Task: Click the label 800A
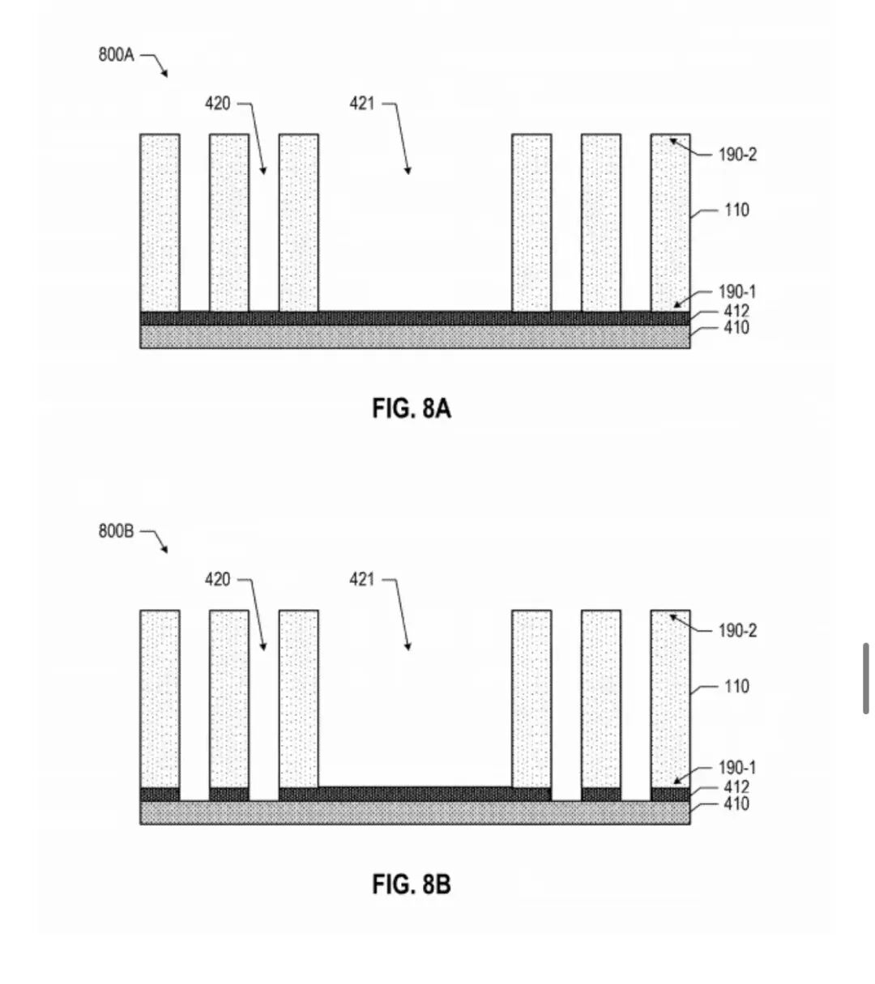point(116,54)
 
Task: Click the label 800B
point(116,530)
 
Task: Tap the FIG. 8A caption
point(412,408)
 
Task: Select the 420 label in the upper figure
point(217,104)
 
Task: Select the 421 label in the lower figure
point(362,579)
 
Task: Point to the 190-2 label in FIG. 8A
point(737,155)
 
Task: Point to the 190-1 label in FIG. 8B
point(737,768)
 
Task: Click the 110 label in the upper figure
point(736,211)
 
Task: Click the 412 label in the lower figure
point(736,787)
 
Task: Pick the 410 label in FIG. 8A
point(736,328)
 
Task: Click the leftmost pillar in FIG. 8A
point(160,223)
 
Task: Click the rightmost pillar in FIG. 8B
point(671,699)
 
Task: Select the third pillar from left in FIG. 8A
point(299,223)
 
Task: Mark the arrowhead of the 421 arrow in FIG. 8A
point(408,170)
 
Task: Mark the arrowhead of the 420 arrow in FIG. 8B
point(264,646)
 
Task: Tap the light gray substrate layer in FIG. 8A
point(415,337)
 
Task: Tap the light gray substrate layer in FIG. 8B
point(415,813)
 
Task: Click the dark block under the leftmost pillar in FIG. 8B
point(160,794)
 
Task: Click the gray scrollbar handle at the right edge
point(866,679)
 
